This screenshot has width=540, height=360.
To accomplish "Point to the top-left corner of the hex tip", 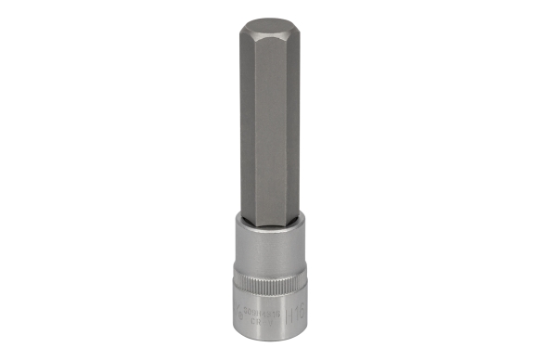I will (242, 26).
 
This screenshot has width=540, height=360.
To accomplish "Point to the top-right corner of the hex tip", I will (298, 26).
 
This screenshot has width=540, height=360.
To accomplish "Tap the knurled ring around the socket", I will (270, 276).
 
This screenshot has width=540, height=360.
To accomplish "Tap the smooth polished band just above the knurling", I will (270, 251).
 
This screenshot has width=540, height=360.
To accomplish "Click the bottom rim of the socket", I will (270, 338).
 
